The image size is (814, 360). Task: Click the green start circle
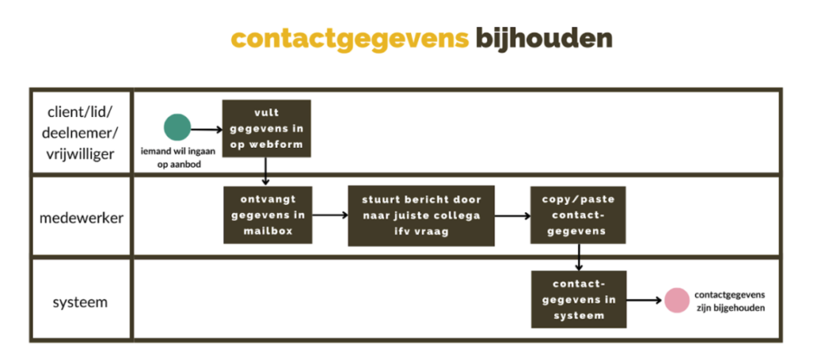click(177, 128)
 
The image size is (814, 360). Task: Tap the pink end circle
click(677, 300)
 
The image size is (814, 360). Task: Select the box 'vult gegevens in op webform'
click(266, 129)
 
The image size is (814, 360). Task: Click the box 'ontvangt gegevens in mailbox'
click(266, 215)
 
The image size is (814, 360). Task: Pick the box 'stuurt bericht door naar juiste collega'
click(421, 215)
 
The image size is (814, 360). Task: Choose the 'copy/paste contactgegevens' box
click(579, 215)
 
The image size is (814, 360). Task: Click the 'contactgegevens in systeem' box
click(579, 300)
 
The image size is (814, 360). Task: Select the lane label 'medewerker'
click(82, 217)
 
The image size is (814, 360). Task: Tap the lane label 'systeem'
click(82, 302)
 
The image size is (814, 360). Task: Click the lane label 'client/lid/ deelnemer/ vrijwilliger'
click(82, 132)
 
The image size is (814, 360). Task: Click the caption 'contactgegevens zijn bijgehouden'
click(729, 300)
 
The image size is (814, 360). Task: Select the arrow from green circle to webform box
click(207, 128)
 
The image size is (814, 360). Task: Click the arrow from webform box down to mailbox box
click(265, 172)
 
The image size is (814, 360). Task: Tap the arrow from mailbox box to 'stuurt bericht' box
click(329, 215)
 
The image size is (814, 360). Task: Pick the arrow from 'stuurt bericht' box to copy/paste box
click(513, 215)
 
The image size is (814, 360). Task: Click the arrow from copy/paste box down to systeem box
click(579, 257)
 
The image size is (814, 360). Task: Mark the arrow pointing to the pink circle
click(645, 300)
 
